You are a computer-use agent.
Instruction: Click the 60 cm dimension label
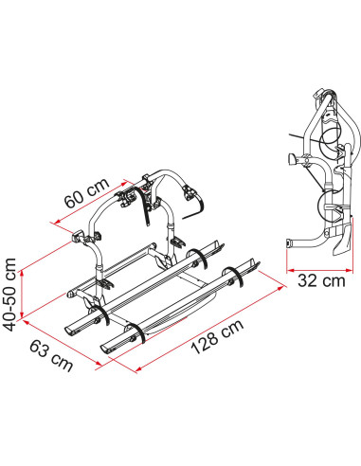tap(87, 192)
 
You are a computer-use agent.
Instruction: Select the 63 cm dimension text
tap(51, 356)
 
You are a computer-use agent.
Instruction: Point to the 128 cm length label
tap(217, 336)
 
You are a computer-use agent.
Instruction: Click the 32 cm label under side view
tap(321, 280)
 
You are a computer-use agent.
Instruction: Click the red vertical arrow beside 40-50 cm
tap(22, 295)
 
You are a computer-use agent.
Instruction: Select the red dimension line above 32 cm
tap(319, 270)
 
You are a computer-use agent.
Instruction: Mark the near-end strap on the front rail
tap(137, 333)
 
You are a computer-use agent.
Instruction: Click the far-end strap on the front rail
tap(234, 277)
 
